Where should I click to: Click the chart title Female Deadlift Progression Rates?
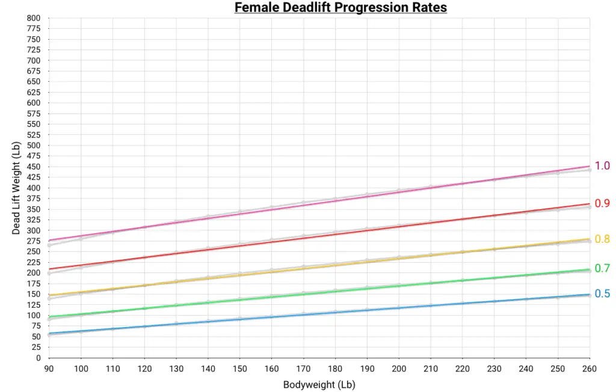click(x=340, y=8)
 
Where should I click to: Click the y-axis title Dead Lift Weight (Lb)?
click(x=16, y=188)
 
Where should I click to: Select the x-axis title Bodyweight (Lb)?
click(x=319, y=384)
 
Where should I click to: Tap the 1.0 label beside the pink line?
click(x=602, y=166)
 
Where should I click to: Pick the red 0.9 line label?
click(x=602, y=203)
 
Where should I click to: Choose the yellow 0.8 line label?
click(x=602, y=239)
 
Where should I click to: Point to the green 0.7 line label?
click(x=602, y=268)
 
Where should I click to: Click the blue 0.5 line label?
click(x=602, y=294)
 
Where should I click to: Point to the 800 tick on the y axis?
click(x=34, y=18)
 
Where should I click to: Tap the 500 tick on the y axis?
click(x=34, y=145)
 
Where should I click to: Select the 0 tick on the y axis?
click(x=38, y=358)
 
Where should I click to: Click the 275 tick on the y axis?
click(x=34, y=241)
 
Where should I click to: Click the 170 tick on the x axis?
click(x=303, y=368)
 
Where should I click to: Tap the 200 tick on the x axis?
click(x=399, y=368)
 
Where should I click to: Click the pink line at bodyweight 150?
click(x=239, y=213)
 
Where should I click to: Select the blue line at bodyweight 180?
click(x=335, y=313)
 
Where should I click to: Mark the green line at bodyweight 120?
click(x=144, y=308)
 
